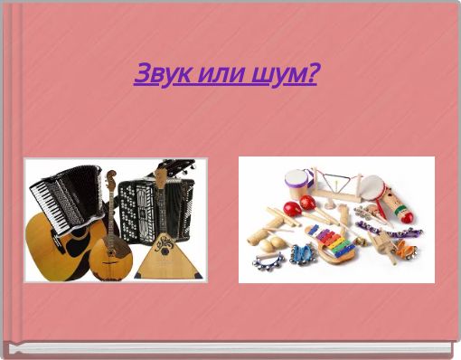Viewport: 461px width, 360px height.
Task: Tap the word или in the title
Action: pos(212,73)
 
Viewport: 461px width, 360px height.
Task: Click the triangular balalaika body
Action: pos(163,258)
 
